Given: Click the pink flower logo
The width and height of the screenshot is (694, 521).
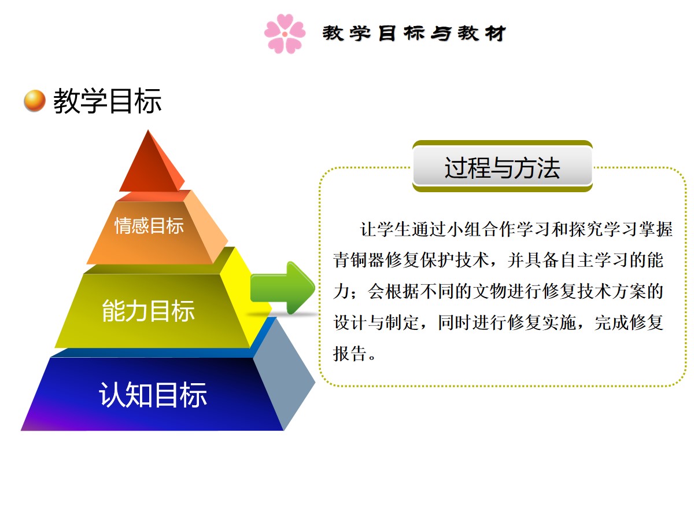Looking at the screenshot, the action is pos(285,34).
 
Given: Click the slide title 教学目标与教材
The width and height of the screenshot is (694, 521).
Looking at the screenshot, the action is pos(414,33).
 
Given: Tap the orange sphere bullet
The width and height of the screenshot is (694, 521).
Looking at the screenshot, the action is pos(35,101).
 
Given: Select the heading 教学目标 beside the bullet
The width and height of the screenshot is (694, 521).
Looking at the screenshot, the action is pos(108,101).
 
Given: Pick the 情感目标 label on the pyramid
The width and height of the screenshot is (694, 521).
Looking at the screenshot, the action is pos(149,226).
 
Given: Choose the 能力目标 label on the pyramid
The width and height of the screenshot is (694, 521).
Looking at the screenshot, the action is pos(148,311).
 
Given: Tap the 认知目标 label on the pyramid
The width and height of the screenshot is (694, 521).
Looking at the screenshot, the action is pos(153,394).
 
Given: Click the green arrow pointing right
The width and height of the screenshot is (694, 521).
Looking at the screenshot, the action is pos(283,288).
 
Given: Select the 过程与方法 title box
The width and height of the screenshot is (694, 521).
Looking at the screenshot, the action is pos(502,166).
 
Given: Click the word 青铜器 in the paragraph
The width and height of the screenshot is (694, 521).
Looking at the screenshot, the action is pos(359,260).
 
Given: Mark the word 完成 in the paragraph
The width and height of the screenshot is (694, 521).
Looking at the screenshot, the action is pos(611,322).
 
